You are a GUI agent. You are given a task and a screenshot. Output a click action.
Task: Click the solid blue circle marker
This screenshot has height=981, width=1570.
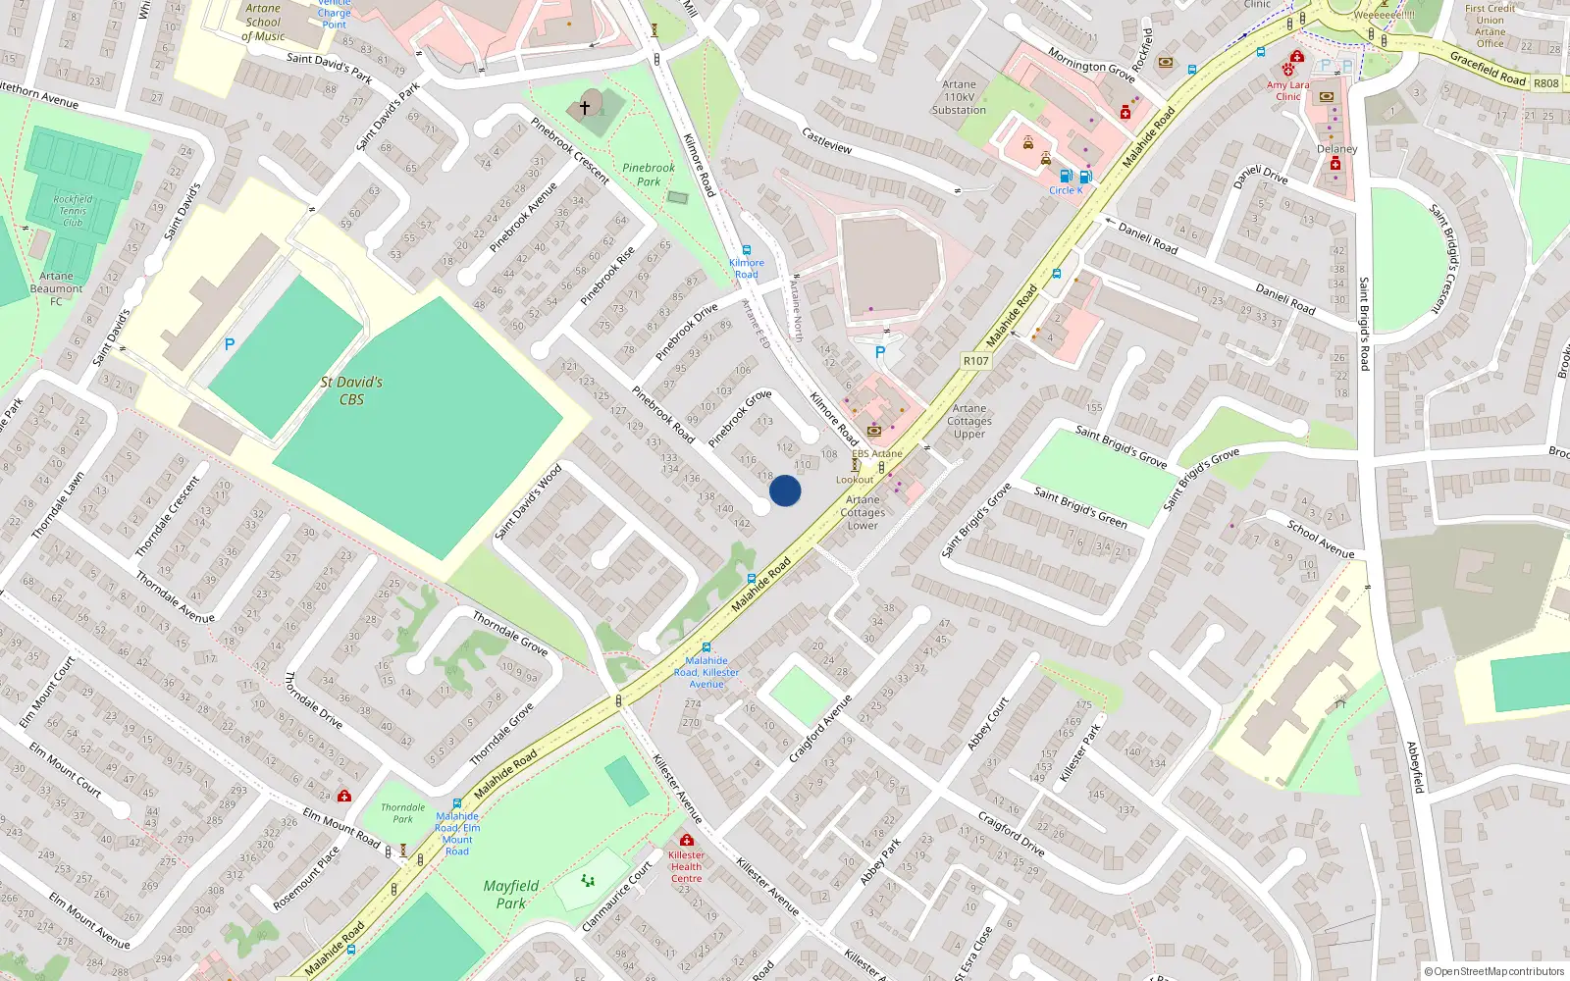[785, 490]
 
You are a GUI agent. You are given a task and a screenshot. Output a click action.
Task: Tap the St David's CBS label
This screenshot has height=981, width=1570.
[351, 390]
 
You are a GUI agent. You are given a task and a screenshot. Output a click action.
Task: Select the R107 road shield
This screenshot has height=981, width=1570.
[975, 361]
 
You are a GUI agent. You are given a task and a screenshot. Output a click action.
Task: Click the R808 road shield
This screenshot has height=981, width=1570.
[1546, 83]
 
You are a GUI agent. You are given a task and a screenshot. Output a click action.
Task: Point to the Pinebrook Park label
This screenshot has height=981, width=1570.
[649, 175]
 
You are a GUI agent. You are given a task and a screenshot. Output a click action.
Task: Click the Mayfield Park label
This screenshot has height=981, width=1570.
[511, 894]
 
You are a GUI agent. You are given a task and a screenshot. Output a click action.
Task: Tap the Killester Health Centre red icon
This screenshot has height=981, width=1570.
[687, 841]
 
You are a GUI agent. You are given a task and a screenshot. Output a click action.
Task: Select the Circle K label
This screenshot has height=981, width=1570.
[1066, 190]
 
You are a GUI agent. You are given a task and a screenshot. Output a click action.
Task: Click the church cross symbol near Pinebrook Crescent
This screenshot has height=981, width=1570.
[585, 107]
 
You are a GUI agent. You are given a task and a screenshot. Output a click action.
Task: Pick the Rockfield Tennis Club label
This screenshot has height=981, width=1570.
[73, 211]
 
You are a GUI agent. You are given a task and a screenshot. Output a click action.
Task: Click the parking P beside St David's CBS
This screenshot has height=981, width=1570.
[230, 344]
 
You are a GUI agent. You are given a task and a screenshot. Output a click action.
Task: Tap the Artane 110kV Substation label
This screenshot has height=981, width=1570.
[959, 97]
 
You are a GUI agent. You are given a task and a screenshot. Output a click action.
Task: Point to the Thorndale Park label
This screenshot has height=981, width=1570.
[403, 813]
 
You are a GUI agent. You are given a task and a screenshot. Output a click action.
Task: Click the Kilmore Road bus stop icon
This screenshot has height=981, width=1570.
[747, 251]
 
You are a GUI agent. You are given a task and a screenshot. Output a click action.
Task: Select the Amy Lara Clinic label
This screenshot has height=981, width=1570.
[1287, 91]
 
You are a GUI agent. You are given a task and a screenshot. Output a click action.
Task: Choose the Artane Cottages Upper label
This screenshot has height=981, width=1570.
[969, 421]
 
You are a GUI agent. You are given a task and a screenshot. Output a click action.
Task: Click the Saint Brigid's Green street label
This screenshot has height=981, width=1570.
[1080, 507]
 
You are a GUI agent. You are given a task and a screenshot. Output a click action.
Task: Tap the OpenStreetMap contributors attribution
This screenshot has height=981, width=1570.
[1494, 972]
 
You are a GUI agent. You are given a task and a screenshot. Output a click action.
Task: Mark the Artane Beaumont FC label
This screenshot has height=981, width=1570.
[56, 288]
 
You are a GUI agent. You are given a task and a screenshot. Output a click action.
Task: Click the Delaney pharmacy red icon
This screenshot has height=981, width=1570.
[1335, 165]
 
